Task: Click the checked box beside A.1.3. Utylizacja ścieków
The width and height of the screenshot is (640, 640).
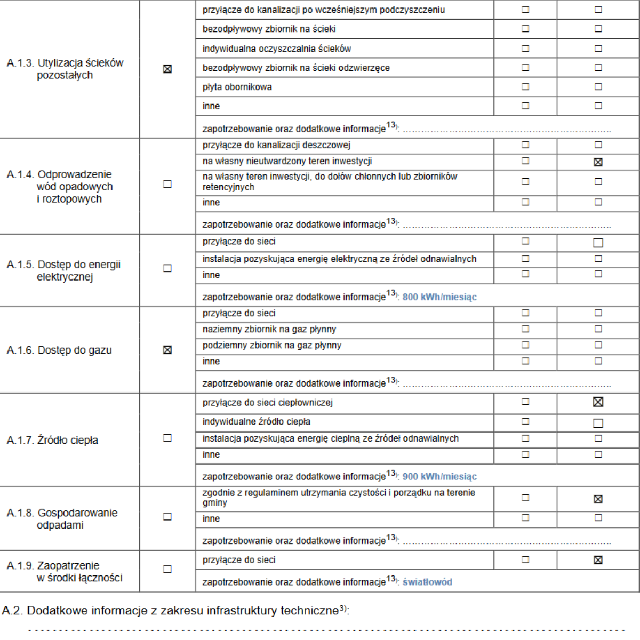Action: point(167,69)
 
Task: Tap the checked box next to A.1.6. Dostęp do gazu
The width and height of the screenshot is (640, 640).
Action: point(167,350)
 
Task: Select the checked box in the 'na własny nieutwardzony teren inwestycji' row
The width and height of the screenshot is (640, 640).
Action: point(598,162)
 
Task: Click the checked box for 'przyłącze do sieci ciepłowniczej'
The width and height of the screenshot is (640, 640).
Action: point(598,402)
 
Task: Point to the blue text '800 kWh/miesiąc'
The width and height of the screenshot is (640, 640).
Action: point(439,297)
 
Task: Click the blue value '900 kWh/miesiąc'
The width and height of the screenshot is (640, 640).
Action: point(439,477)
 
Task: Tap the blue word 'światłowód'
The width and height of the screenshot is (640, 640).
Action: point(427,582)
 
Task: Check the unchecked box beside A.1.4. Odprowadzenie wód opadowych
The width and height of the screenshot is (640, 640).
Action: point(167,184)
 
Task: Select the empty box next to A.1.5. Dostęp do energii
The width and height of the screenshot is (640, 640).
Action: point(167,268)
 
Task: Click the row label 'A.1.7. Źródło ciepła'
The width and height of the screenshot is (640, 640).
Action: point(52,441)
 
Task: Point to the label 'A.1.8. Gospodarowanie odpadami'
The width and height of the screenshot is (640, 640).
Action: point(61,518)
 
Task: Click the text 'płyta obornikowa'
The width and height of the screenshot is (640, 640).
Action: point(237,87)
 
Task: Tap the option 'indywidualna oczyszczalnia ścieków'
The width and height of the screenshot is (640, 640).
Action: point(276,49)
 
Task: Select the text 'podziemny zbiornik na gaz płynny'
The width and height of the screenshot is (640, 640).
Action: point(271,345)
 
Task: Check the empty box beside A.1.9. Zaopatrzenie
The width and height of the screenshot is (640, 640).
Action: point(167,569)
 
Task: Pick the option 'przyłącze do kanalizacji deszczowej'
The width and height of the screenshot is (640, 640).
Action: point(276,145)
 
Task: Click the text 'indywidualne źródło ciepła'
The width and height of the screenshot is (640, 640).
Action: point(256,422)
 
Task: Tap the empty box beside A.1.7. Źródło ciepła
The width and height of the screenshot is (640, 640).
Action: point(167,438)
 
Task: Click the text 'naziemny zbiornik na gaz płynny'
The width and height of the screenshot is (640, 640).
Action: point(269,329)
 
